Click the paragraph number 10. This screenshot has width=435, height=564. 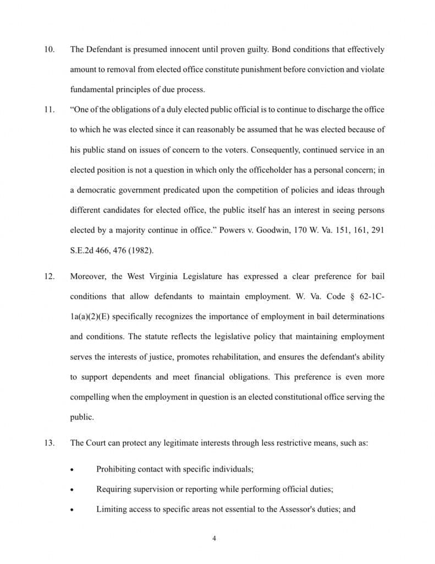[48, 50]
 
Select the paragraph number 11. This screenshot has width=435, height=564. [48, 110]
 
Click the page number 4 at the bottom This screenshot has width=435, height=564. [214, 539]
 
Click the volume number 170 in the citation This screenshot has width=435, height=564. [287, 230]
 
